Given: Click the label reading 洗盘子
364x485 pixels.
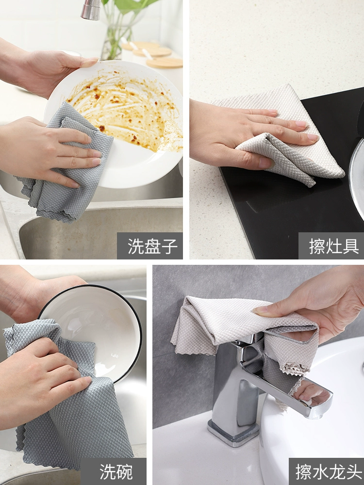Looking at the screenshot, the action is pos(152,246).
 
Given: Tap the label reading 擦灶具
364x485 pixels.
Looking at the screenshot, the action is pos(334,246).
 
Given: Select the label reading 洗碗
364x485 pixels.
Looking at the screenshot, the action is pos(116,472).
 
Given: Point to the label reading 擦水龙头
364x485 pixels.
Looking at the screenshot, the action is pos(329,472).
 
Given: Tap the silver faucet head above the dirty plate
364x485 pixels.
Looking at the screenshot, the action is pos(91,10).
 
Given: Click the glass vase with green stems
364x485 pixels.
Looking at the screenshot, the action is pos(119,34).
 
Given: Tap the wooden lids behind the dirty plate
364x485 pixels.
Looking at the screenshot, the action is pos(153,54).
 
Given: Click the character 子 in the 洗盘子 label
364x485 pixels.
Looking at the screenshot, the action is pos(169,246).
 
